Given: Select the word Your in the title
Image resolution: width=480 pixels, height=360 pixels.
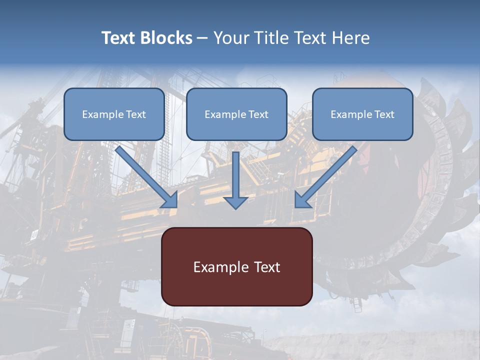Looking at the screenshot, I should tap(229, 38).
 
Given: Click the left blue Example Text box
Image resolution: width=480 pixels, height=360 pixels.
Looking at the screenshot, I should tap(114, 114).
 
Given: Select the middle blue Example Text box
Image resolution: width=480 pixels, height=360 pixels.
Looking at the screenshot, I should tap(236, 114).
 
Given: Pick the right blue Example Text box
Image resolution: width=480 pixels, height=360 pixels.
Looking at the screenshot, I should tap(362, 114).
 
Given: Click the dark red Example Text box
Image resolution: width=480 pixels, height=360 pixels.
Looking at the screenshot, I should tap(236, 266).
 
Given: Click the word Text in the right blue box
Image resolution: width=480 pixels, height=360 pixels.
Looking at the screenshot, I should tap(384, 114).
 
